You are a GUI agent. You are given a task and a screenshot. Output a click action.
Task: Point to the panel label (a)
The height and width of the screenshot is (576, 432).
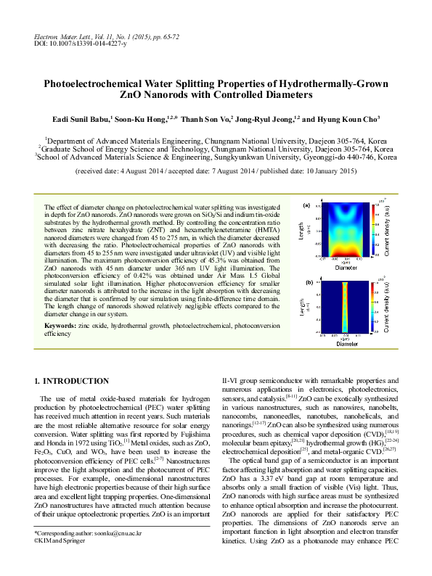tap(308, 206)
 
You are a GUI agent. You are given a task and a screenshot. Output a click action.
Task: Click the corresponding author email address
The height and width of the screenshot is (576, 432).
tap(115, 554)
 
